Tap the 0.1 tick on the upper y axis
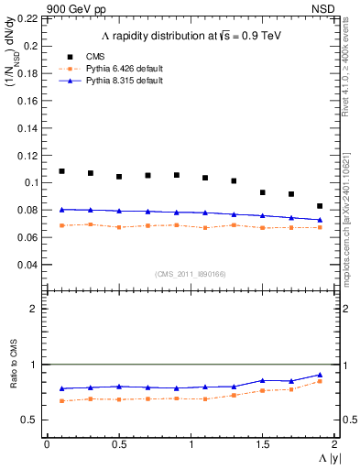click(x=34, y=182)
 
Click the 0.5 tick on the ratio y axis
click(x=34, y=420)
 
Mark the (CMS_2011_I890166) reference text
click(x=190, y=274)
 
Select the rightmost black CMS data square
click(x=320, y=206)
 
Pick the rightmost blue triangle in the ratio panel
click(x=320, y=375)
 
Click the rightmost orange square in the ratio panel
click(x=320, y=381)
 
